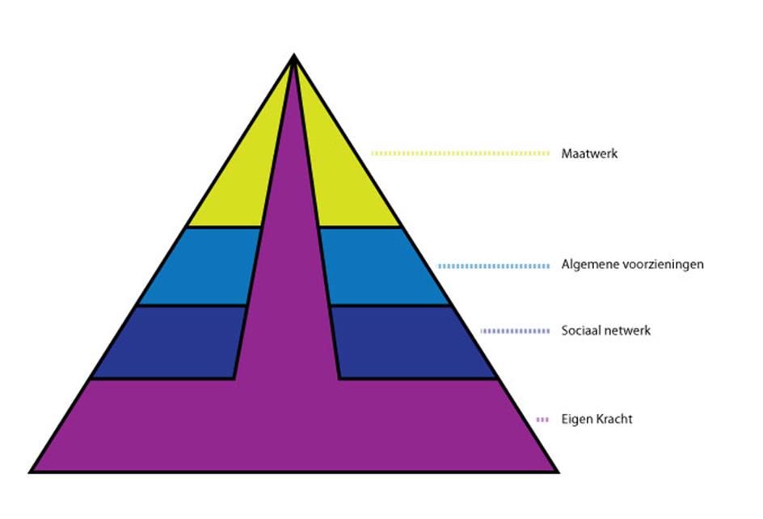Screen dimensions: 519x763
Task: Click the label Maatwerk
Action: [x=589, y=153]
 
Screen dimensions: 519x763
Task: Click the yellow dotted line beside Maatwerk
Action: [x=461, y=153]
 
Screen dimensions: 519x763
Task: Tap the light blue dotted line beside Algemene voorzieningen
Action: [x=495, y=265]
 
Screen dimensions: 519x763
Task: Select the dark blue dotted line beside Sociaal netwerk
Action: [x=515, y=331]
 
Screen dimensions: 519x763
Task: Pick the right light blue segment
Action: [x=380, y=267]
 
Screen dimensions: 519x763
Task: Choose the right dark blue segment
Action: [x=412, y=342]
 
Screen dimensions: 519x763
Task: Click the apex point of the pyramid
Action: [x=294, y=56]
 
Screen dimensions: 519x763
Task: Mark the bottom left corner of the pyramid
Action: [x=32, y=470]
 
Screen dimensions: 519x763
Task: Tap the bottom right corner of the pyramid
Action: [x=557, y=470]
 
